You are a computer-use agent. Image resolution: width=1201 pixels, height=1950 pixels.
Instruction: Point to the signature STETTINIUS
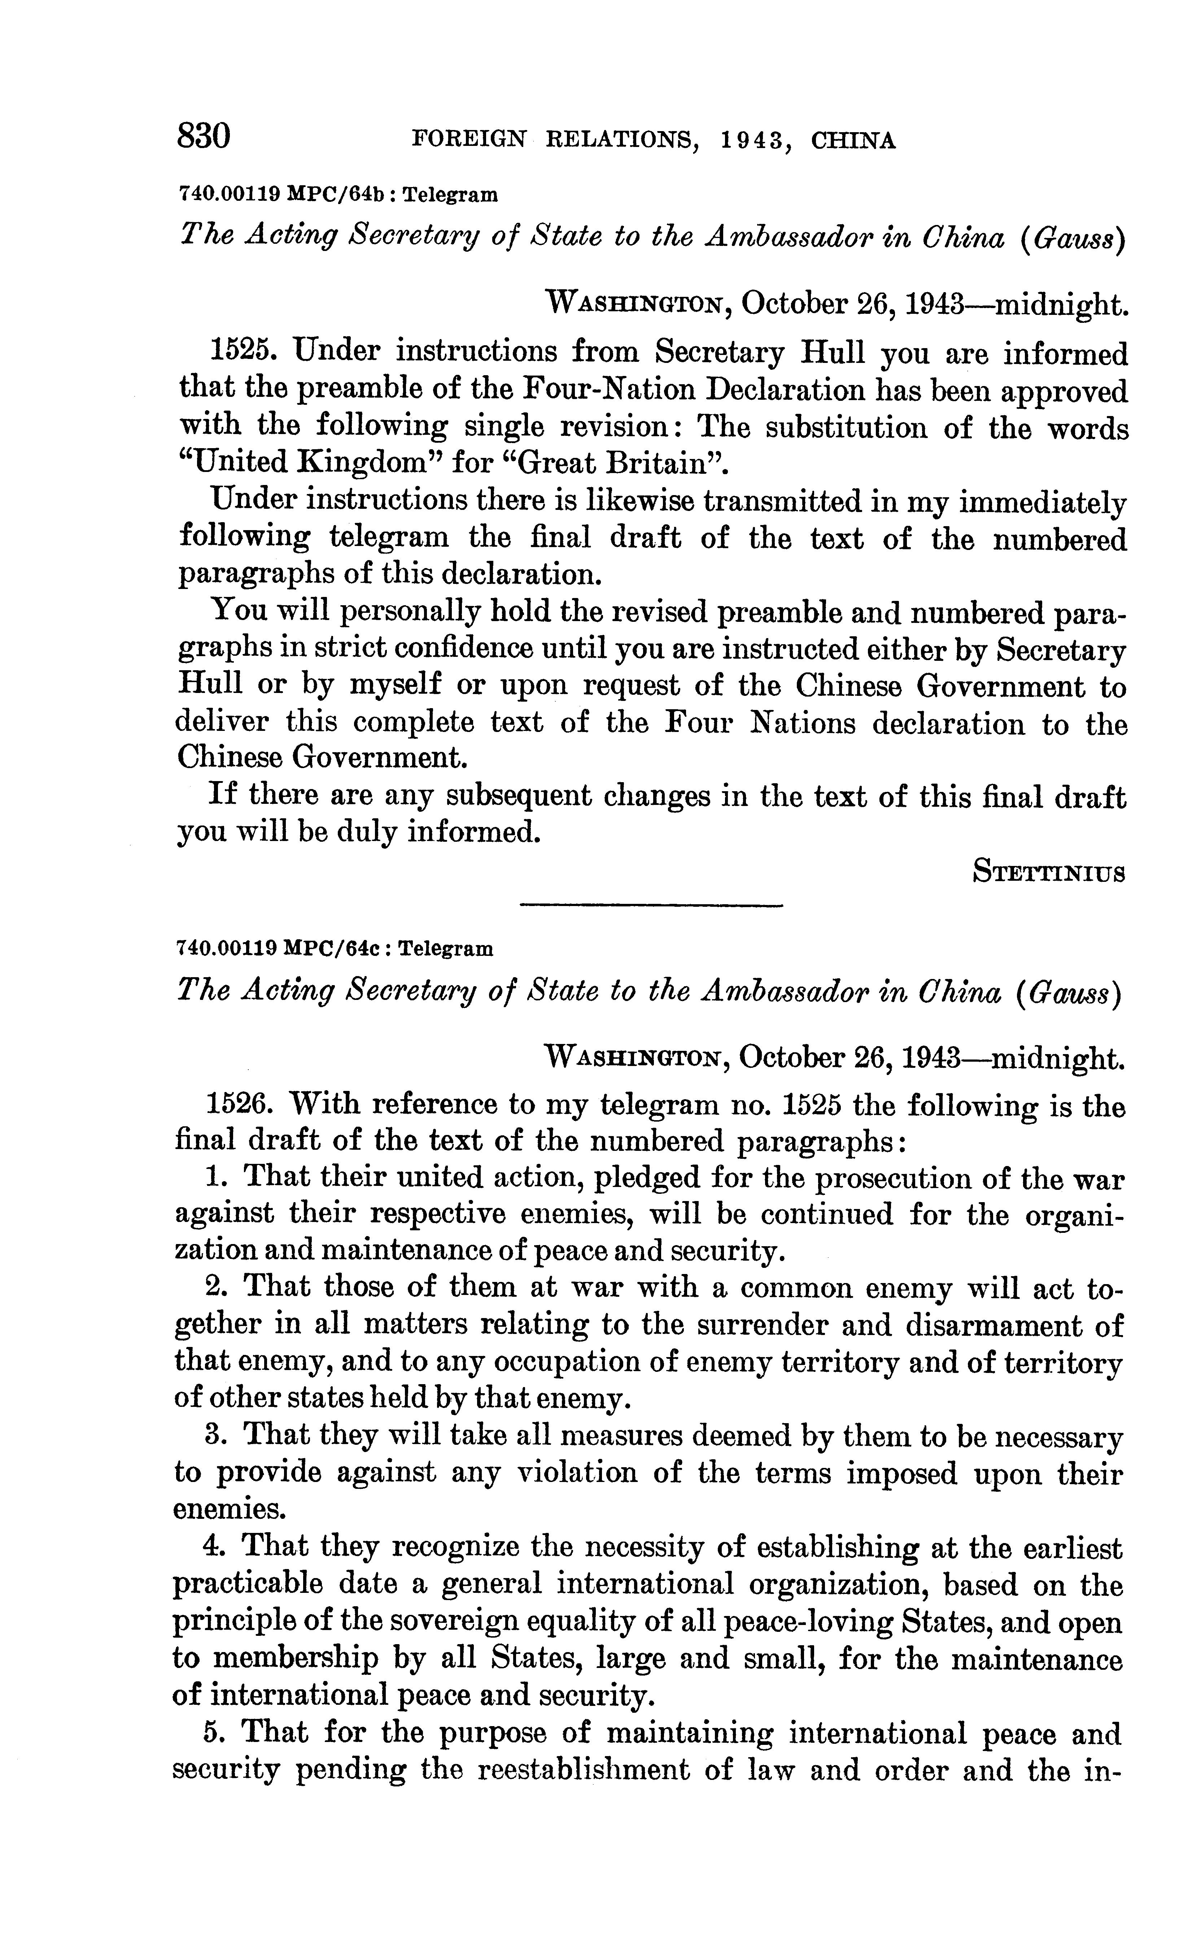tap(1048, 872)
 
